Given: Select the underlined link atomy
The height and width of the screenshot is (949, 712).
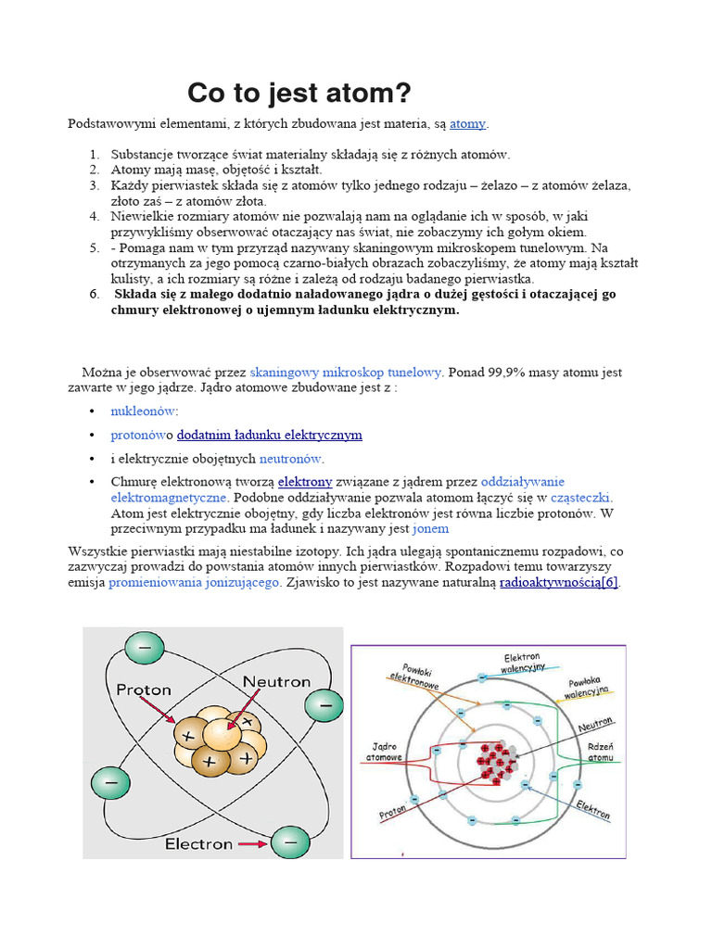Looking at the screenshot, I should click(x=467, y=123).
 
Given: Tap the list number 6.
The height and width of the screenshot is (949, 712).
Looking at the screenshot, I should click(x=94, y=294).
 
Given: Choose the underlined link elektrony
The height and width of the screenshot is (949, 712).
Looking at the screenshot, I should click(x=305, y=482).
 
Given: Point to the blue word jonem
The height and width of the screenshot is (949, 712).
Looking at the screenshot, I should click(x=430, y=528).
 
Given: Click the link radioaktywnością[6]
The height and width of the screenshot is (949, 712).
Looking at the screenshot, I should click(x=559, y=583).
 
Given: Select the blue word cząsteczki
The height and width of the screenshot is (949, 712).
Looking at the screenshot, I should click(x=581, y=498).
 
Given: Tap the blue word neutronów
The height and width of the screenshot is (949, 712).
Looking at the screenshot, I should click(x=291, y=458).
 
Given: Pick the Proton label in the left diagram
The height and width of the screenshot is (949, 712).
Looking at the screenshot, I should click(x=144, y=690).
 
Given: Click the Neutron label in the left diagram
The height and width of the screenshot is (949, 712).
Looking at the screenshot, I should click(x=276, y=681).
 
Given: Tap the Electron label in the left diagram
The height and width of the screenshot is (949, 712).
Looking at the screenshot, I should click(x=198, y=844).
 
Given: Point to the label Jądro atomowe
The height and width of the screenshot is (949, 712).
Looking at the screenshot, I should click(x=387, y=751).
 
